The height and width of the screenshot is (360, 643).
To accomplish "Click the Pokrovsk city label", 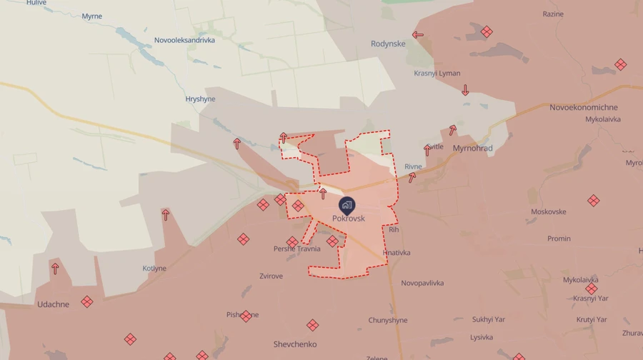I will coord(349,219).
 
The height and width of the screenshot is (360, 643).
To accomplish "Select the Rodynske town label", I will coord(388,44).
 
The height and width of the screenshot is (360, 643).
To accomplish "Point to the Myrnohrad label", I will coord(472,149).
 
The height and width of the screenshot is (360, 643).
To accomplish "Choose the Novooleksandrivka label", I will coord(184,40).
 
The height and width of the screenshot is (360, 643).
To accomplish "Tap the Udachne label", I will coord(54,304).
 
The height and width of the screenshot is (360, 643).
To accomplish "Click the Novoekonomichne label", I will coord(584,107).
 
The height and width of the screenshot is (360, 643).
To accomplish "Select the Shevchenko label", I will coord(294,344).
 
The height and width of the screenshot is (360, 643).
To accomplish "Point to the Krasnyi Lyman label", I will coord(437,73).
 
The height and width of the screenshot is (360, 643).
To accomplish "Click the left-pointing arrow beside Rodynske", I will coord(418,34).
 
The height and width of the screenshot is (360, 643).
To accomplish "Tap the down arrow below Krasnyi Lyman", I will coord(465,90).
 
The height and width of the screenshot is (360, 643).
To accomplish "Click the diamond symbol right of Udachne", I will coord(87,302).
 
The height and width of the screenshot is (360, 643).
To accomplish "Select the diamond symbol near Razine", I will coord(487,32).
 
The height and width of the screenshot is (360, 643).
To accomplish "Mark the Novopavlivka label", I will coord(422,283).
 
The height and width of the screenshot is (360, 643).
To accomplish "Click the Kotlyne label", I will coord(154,269).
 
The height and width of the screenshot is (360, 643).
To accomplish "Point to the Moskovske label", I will coord(549,211).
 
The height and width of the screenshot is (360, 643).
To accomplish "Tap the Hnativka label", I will coord(397,253).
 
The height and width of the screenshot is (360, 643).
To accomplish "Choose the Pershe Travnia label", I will coord(296,249).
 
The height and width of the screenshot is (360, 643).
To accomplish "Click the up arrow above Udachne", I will coord(55,269).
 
